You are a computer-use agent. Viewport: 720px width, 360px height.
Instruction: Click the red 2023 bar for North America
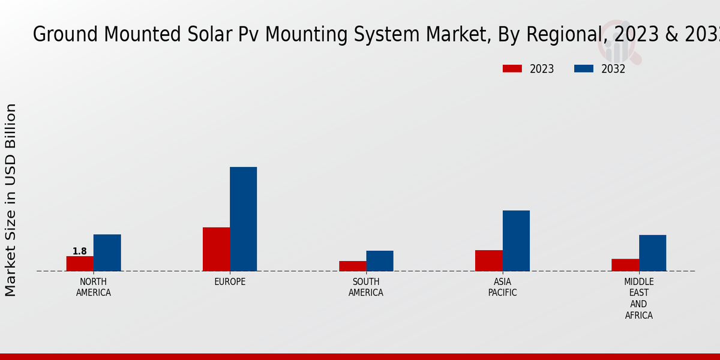(80, 263)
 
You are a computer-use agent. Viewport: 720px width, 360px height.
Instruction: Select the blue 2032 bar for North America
(107, 253)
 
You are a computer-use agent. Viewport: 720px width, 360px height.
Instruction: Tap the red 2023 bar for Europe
(216, 249)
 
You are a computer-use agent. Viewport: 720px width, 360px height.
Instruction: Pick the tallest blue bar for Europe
(243, 219)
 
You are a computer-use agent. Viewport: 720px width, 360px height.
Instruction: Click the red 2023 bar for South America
(352, 266)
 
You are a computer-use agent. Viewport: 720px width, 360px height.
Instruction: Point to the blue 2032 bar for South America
(380, 261)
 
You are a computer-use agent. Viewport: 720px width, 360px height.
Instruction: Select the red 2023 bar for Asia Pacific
(488, 260)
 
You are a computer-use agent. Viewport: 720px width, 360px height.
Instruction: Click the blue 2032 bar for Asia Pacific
(516, 241)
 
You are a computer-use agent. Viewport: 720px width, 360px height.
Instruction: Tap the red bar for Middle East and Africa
(625, 265)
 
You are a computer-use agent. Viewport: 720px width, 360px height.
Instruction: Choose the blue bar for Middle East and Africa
(652, 253)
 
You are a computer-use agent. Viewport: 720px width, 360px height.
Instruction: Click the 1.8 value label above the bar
(80, 251)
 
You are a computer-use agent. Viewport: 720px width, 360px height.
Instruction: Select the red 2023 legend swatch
(512, 69)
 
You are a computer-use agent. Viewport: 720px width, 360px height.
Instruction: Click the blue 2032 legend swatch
(583, 69)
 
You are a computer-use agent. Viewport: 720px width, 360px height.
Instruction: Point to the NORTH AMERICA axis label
(94, 287)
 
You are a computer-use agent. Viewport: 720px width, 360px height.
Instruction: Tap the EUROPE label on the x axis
(230, 282)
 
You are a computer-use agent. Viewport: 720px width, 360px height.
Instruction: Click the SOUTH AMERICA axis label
(366, 287)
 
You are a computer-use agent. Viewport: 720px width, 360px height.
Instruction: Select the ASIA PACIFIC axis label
(502, 287)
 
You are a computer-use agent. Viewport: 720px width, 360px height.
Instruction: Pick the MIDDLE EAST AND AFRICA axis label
(638, 298)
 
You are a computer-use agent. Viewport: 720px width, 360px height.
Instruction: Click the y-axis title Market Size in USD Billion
(11, 200)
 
